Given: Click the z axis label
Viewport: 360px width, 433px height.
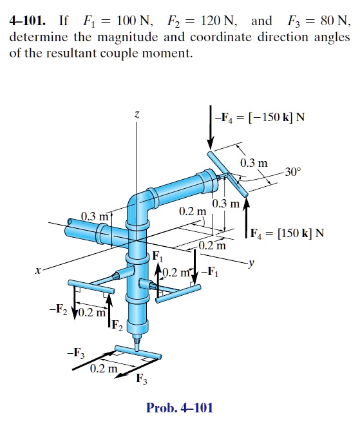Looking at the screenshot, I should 137,114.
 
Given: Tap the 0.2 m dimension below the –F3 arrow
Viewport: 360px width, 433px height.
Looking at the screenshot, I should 103,369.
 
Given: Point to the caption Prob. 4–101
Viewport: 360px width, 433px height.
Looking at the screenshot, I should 179,407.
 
